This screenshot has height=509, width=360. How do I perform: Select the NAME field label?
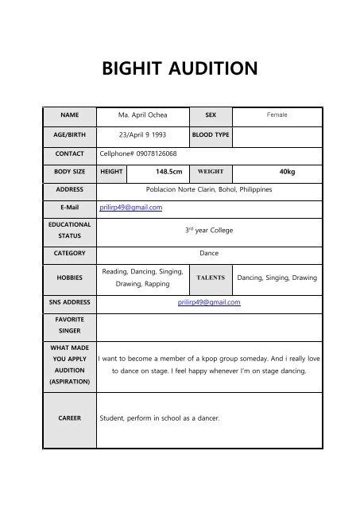tap(69, 115)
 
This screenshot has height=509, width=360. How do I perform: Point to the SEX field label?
tap(211, 115)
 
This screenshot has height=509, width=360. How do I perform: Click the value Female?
tap(277, 115)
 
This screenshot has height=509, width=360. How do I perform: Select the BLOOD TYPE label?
tap(211, 134)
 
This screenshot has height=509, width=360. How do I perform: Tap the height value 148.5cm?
tap(168, 171)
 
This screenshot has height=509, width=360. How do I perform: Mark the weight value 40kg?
tap(287, 171)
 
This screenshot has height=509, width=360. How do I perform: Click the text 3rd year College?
tap(208, 230)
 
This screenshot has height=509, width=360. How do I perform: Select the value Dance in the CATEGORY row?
tap(209, 253)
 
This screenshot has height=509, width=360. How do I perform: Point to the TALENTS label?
tap(211, 278)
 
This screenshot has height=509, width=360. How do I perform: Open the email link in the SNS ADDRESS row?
tap(209, 302)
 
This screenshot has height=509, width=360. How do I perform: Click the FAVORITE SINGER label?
tap(69, 324)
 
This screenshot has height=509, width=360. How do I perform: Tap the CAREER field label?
tap(69, 418)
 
